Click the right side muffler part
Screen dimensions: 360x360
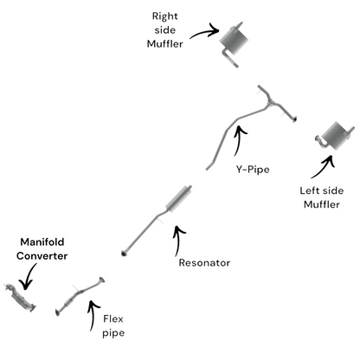(x=234, y=42)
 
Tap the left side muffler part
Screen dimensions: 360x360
(x=335, y=137)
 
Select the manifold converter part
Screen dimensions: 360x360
(x=20, y=298)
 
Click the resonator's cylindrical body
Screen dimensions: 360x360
(x=179, y=199)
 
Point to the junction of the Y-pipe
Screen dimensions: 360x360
(x=270, y=102)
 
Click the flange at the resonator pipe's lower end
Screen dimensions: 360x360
(x=125, y=254)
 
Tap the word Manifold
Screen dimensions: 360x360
(x=42, y=241)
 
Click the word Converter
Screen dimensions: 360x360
(x=42, y=256)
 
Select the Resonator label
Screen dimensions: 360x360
(x=204, y=263)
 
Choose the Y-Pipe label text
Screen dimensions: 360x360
(x=253, y=170)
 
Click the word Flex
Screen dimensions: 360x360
(x=113, y=318)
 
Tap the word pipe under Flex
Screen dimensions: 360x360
(x=113, y=333)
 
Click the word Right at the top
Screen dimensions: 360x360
(x=164, y=16)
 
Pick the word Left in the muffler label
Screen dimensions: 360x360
(x=309, y=190)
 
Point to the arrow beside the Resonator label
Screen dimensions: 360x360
(x=178, y=240)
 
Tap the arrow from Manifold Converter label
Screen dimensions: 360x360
(x=29, y=276)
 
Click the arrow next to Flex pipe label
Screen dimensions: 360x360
(x=93, y=314)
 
